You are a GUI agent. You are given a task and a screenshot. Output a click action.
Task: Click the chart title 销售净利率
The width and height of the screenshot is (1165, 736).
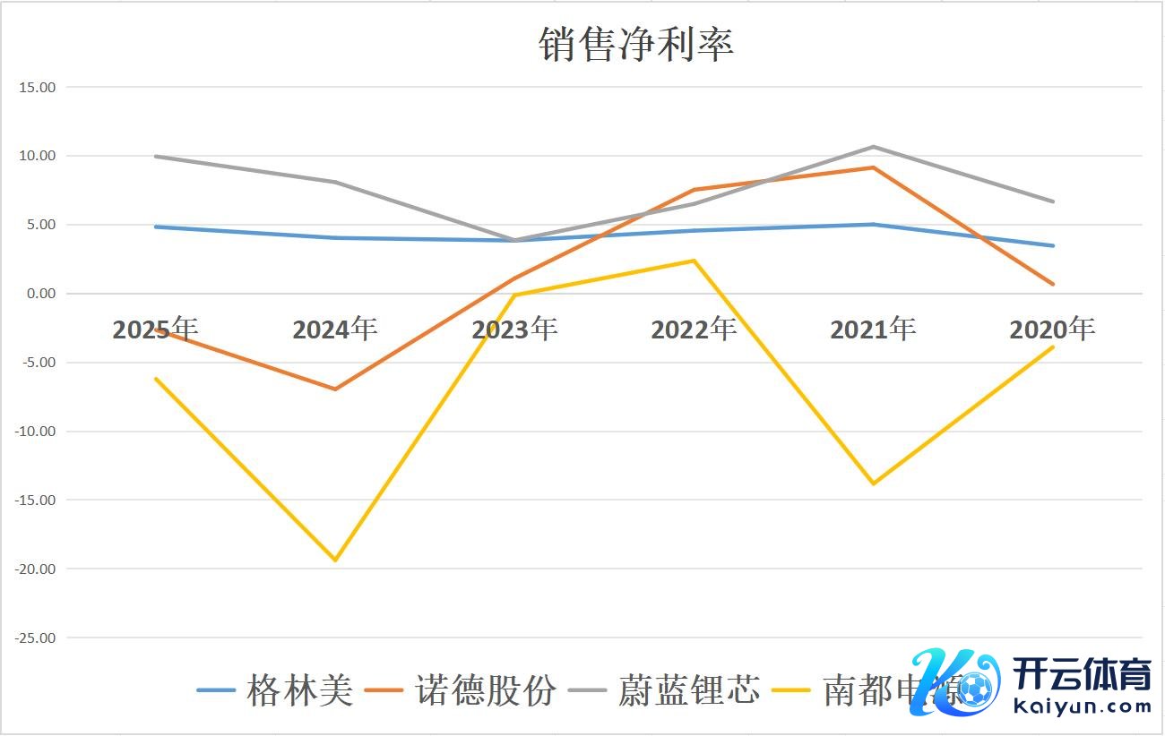click(x=636, y=44)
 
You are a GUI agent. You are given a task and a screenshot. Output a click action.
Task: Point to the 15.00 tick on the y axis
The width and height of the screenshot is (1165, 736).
click(x=36, y=88)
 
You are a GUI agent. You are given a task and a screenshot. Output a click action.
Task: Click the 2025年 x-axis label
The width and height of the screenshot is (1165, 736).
click(x=155, y=329)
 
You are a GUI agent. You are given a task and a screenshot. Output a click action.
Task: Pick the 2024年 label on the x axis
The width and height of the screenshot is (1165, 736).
click(x=335, y=329)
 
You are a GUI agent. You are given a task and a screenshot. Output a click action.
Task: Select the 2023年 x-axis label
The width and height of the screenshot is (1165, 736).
click(x=514, y=329)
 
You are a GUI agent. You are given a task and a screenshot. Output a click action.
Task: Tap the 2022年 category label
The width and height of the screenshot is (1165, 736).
click(x=694, y=329)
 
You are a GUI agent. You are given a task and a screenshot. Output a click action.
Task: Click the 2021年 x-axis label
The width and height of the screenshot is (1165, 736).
click(x=873, y=329)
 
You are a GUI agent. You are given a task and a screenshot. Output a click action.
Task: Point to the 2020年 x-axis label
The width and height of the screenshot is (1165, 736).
click(x=1052, y=329)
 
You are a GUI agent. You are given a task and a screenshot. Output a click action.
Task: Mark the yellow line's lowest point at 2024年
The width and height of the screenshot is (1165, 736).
click(x=335, y=561)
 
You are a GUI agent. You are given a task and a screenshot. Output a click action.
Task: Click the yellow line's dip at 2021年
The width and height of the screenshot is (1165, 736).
click(x=873, y=484)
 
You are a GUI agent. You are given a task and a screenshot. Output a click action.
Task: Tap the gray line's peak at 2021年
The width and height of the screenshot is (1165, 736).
click(x=873, y=147)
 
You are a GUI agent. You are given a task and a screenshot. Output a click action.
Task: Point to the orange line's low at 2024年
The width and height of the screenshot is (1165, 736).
click(x=335, y=389)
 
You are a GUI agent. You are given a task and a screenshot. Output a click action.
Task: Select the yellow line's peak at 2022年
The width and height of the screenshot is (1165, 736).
click(x=694, y=261)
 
